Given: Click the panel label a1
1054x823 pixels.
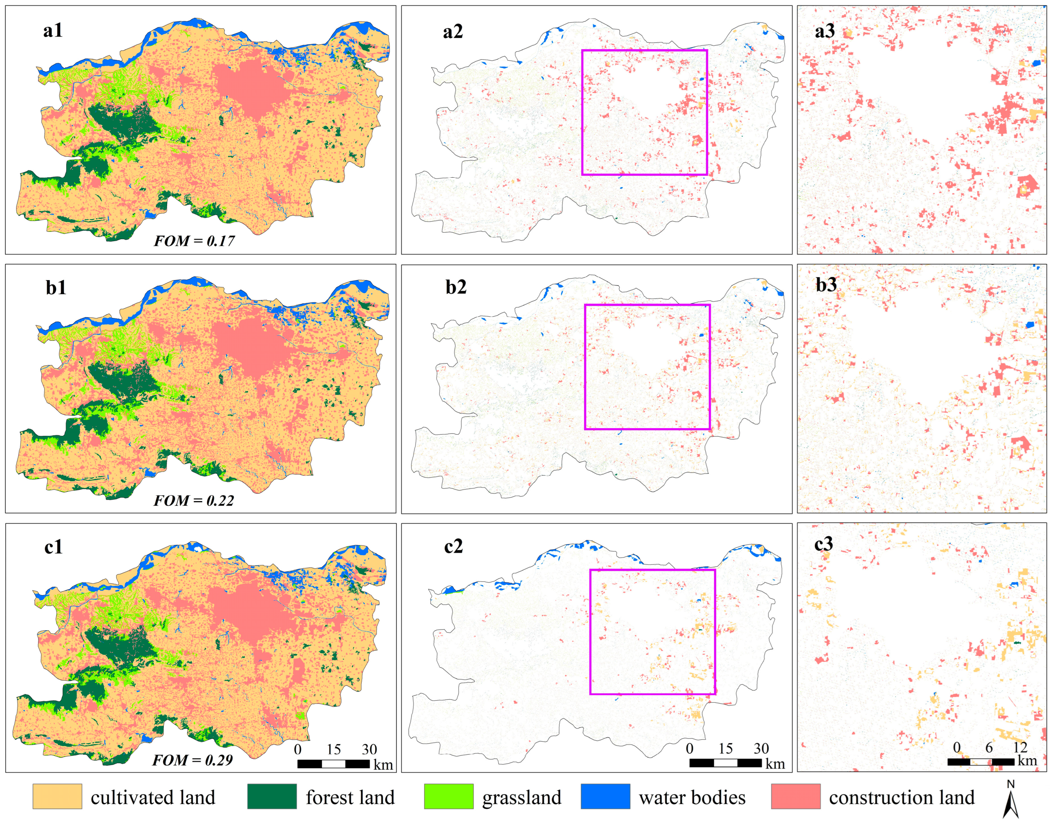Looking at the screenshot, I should (x=52, y=31).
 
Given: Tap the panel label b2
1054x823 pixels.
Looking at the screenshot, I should (x=456, y=287).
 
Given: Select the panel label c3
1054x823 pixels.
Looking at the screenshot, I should (x=823, y=544).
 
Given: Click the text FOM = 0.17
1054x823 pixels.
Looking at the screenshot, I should (x=194, y=241).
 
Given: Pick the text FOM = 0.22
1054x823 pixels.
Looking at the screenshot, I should (x=194, y=500).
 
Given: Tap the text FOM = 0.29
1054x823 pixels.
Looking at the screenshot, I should (x=192, y=760).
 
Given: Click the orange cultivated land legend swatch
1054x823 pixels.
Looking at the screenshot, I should (x=57, y=797).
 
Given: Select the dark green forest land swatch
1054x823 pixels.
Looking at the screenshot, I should (x=272, y=797).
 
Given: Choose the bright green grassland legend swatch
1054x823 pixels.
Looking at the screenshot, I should (x=448, y=797).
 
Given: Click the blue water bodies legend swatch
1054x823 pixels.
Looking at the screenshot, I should (x=605, y=797).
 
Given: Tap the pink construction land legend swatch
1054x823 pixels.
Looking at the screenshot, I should (x=795, y=797).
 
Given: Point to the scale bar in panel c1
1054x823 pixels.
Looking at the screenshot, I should (x=334, y=764).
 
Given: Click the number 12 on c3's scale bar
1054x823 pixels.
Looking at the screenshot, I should (x=1020, y=747).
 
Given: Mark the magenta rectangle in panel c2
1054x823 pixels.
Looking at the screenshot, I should (x=591, y=632).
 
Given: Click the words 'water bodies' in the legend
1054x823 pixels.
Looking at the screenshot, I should (x=692, y=797).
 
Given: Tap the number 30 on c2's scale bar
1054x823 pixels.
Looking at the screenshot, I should (x=761, y=748).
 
